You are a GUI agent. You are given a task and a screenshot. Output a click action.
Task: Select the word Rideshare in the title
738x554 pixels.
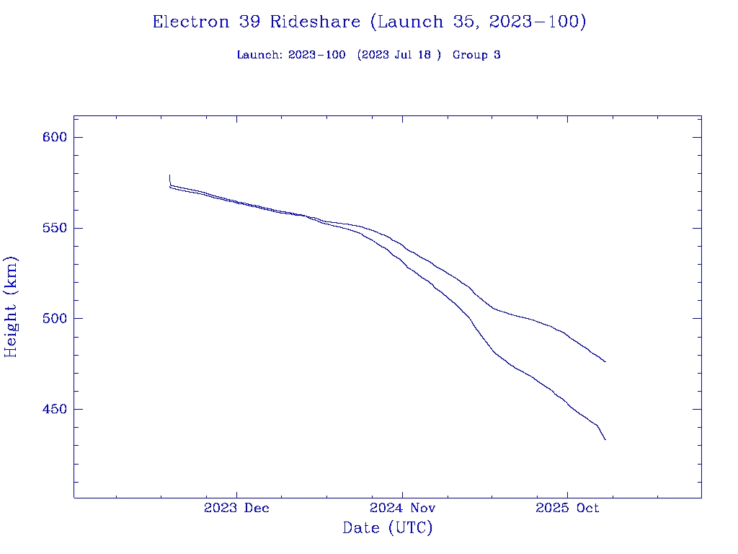pos(315,22)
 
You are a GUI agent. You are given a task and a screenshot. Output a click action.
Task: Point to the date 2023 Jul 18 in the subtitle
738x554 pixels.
pos(399,55)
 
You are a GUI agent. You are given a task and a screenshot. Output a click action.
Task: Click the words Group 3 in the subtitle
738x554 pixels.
pos(476,55)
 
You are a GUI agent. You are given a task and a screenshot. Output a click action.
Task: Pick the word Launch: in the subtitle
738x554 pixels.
pos(259,55)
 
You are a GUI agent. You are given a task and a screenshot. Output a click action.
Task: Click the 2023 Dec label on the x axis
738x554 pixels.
pos(236,508)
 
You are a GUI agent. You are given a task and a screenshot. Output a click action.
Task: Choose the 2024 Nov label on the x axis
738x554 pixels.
pos(402,508)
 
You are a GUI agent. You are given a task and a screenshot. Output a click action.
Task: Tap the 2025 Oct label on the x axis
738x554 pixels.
pos(567,508)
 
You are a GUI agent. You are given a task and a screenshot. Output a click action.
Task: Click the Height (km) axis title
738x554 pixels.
pos(11,307)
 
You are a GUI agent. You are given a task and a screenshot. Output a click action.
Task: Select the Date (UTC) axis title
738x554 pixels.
pos(388,528)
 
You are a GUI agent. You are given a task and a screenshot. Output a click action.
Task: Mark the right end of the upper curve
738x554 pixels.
pos(605,361)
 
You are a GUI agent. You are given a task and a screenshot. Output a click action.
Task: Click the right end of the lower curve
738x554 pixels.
pos(605,439)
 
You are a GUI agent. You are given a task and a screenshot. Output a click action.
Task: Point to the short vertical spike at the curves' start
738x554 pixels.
pos(169,179)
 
